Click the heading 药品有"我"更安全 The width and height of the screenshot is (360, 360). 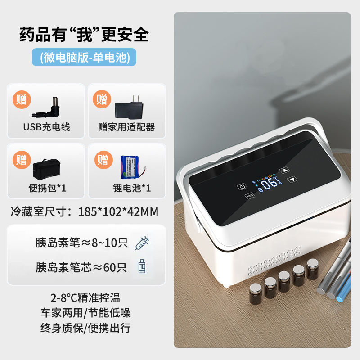84,35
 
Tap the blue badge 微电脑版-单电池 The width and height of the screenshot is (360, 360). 84,57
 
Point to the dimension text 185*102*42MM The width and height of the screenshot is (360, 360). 118,211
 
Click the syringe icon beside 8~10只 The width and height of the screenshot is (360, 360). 142,243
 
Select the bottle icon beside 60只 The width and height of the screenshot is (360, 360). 142,267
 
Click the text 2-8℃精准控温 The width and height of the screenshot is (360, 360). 85,297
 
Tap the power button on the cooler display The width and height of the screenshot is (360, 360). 242,186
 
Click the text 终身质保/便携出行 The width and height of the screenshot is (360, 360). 85,328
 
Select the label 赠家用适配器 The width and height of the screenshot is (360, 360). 126,127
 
